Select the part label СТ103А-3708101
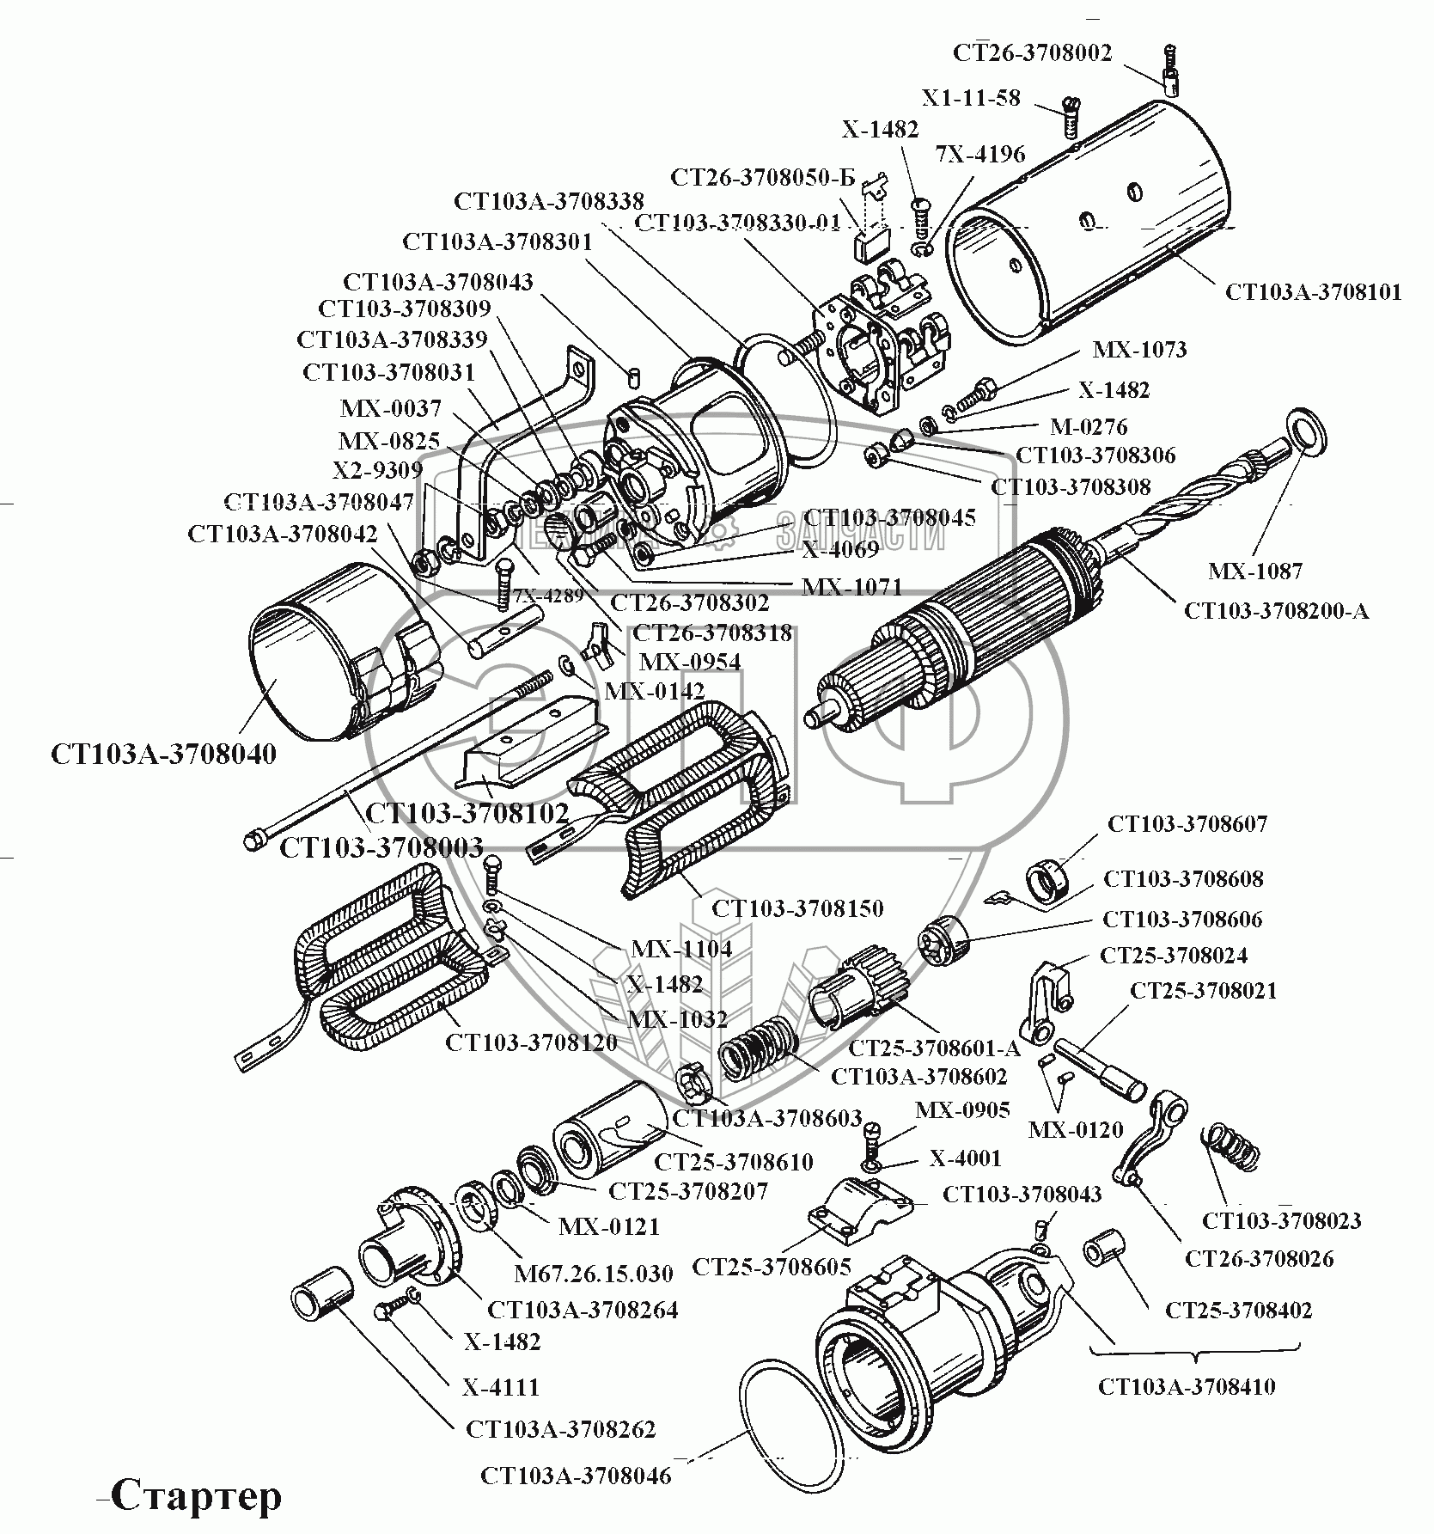point(1313,292)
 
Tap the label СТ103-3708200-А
point(1276,611)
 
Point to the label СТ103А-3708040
point(163,755)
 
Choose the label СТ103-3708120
point(531,1042)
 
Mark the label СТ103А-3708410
point(1187,1386)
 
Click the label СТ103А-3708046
point(576,1476)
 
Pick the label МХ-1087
point(1254,571)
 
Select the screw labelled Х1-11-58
point(1071,118)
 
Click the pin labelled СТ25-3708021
point(1101,1066)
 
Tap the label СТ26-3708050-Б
point(762,178)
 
